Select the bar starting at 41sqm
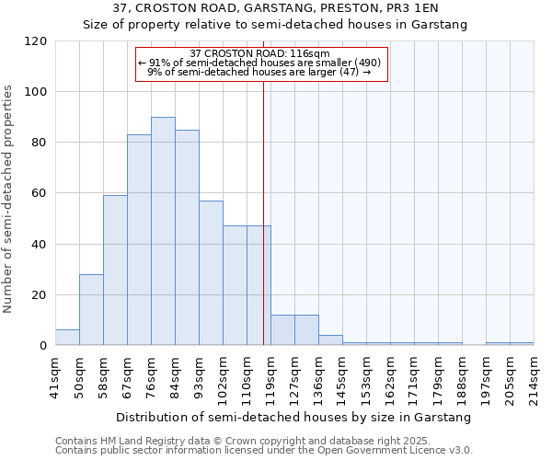click(x=67, y=338)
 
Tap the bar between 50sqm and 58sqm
click(x=91, y=310)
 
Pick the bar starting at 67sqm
click(x=139, y=240)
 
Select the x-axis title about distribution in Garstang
click(x=294, y=417)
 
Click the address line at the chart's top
click(x=275, y=8)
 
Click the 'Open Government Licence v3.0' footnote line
click(x=264, y=450)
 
